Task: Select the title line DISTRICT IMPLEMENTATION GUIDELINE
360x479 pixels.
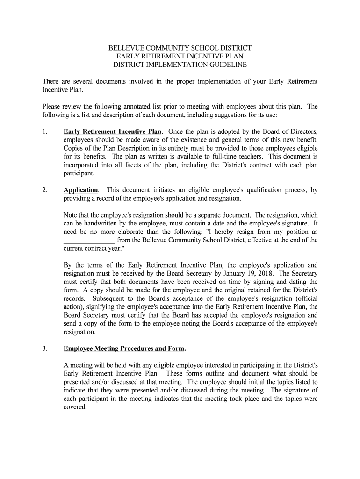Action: pos(180,65)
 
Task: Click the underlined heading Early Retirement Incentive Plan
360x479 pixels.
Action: pos(113,131)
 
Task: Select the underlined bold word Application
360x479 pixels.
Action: pos(81,190)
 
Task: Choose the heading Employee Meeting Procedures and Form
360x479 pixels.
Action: pos(124,348)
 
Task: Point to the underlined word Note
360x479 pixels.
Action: pos(70,215)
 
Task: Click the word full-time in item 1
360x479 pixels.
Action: pos(218,157)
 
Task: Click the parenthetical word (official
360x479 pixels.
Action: pos(305,298)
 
